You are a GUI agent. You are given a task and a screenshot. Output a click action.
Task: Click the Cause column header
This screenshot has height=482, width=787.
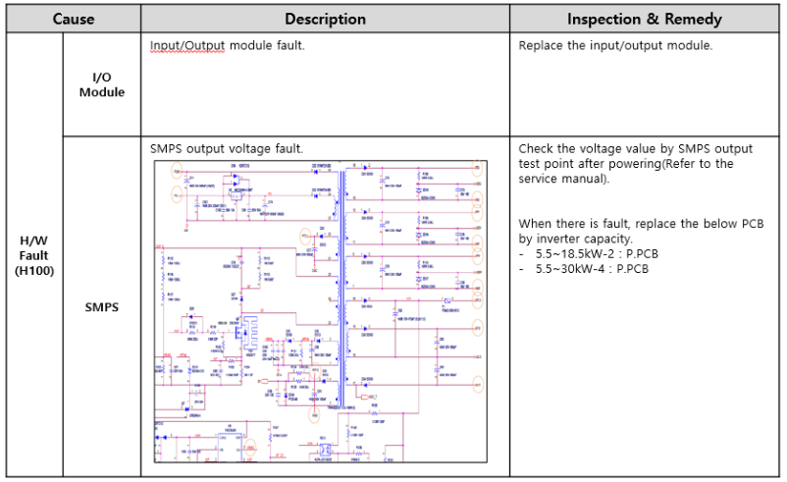[x=74, y=19]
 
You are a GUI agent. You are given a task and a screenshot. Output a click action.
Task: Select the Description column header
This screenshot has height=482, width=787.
[x=325, y=19]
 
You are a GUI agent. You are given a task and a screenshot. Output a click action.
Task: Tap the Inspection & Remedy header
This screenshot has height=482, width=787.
[x=645, y=19]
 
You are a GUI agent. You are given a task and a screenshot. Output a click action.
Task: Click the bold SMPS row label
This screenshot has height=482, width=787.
[x=101, y=306]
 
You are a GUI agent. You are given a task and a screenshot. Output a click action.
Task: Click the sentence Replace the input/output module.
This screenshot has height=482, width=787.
[x=615, y=46]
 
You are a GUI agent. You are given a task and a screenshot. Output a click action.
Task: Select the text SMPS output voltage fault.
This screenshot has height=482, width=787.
[x=227, y=148]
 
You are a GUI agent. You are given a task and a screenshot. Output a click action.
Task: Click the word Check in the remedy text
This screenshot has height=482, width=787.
[x=537, y=148]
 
